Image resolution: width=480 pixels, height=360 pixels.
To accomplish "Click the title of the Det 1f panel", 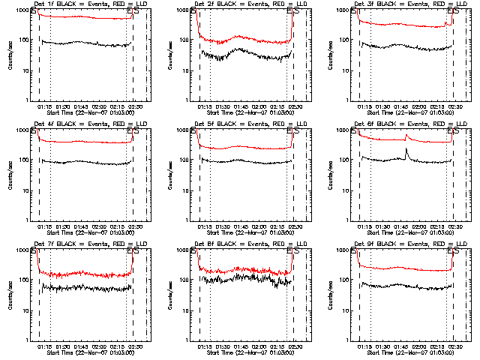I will [x=85, y=4].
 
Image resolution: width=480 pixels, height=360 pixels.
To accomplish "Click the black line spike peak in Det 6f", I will [x=406, y=149].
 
